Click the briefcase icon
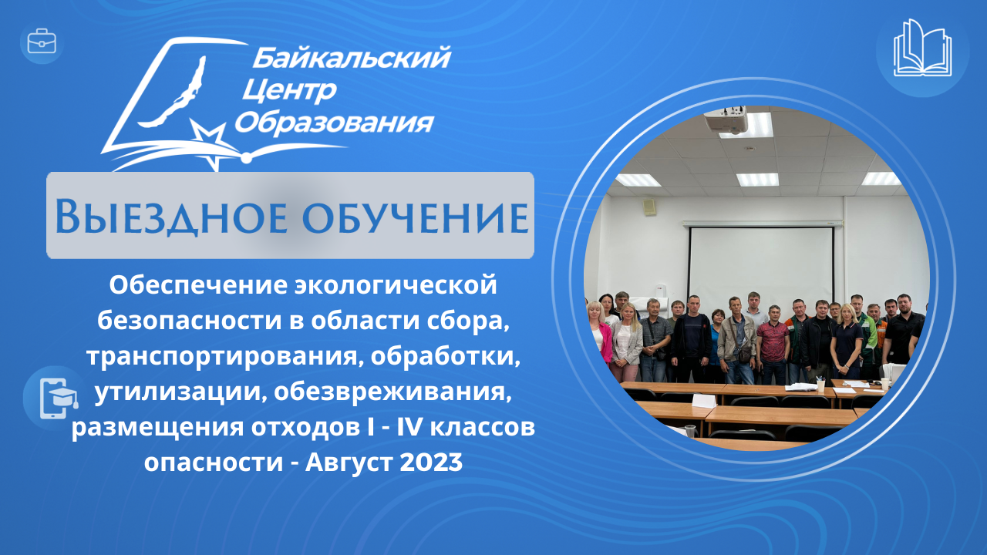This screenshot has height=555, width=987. pos(42,42)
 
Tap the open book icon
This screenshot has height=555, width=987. pos(922,48)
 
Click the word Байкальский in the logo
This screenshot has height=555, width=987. pos(352,58)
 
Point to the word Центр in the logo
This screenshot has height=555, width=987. pos(289,91)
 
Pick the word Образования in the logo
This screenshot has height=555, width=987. pos(335,122)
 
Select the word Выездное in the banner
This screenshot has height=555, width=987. pos(171,217)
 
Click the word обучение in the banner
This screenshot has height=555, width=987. pos(416,217)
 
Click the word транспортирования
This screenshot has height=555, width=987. pos(221,357)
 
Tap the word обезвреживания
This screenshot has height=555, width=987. pos(393,392)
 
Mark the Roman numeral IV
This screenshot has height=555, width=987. pos(409,427)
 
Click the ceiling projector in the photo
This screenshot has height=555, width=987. pos(726,119)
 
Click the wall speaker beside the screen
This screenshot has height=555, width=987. pos(649,207)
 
